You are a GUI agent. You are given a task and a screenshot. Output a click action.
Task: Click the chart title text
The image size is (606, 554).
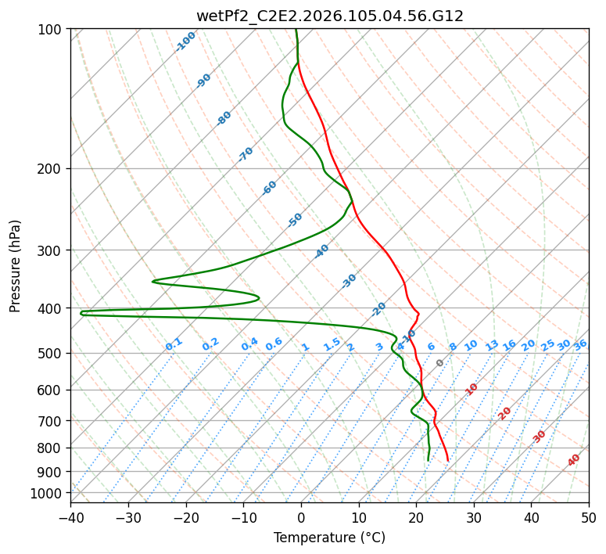329,16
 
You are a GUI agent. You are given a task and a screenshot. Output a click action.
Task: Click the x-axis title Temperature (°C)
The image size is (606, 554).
329,538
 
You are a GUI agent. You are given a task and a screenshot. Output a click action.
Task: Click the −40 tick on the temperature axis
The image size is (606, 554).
70,517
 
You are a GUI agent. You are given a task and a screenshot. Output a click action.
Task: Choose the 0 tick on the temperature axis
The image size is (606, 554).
301,517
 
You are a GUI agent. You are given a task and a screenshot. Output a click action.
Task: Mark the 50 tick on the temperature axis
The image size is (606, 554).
589,517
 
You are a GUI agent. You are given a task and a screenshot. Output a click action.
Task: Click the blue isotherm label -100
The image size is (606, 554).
185,41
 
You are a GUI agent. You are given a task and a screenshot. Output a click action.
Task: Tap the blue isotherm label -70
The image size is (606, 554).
246,154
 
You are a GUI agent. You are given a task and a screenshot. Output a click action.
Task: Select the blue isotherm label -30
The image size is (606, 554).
349,281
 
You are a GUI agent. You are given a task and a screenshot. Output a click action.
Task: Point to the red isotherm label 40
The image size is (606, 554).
574,460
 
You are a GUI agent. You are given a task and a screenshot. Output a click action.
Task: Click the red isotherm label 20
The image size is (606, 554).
505,412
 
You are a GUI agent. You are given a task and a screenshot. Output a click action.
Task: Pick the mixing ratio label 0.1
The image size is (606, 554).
174,344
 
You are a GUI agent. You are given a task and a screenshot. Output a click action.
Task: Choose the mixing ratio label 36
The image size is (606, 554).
580,344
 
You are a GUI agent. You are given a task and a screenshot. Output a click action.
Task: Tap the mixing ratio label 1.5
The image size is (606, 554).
332,344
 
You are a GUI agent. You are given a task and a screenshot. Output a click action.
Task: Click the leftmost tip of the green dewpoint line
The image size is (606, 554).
81,313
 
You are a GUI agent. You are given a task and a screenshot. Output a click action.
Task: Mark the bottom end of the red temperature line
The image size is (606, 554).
448,461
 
